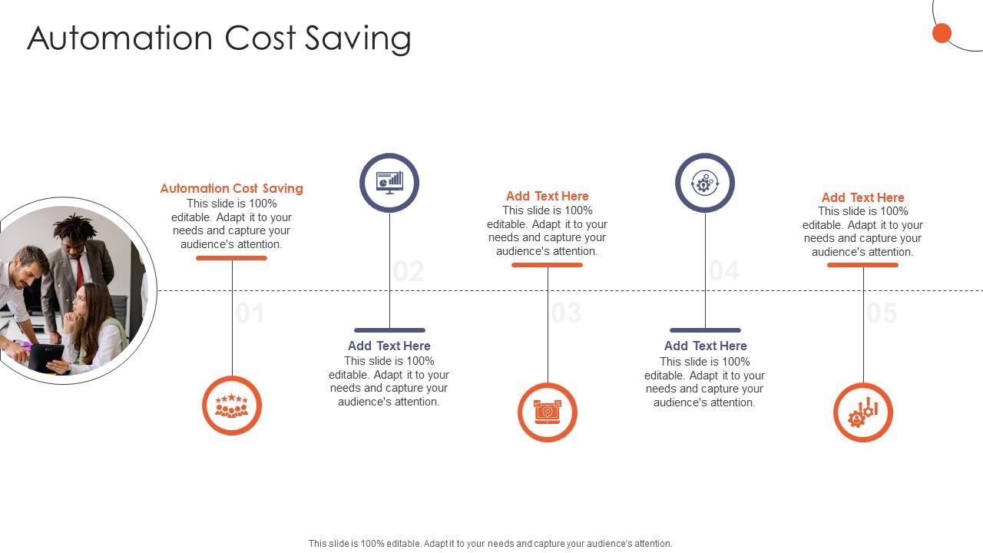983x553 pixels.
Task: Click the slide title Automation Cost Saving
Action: pos(219,38)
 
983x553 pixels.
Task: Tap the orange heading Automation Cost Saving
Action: pos(231,188)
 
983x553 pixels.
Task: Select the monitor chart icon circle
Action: pos(389,183)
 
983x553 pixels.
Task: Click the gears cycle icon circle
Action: pos(705,183)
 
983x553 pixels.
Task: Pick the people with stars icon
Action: pos(232,406)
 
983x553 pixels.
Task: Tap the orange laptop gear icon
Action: pos(548,412)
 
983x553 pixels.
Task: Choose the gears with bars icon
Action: pos(863,412)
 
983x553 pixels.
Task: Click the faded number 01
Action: pos(250,313)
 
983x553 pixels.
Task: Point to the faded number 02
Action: pos(409,271)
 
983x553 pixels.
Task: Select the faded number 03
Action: pos(566,313)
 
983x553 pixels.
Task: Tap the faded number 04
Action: pos(724,271)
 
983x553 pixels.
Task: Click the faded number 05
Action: pos(882,313)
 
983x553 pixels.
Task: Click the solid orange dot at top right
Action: pos(942,33)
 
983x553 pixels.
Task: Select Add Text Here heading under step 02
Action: pos(389,346)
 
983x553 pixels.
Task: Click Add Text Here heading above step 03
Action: pos(548,196)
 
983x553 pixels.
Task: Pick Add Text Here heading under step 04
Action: pos(705,346)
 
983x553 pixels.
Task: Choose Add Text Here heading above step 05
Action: pos(863,197)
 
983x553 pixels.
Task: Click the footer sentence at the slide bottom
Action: pos(491,543)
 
